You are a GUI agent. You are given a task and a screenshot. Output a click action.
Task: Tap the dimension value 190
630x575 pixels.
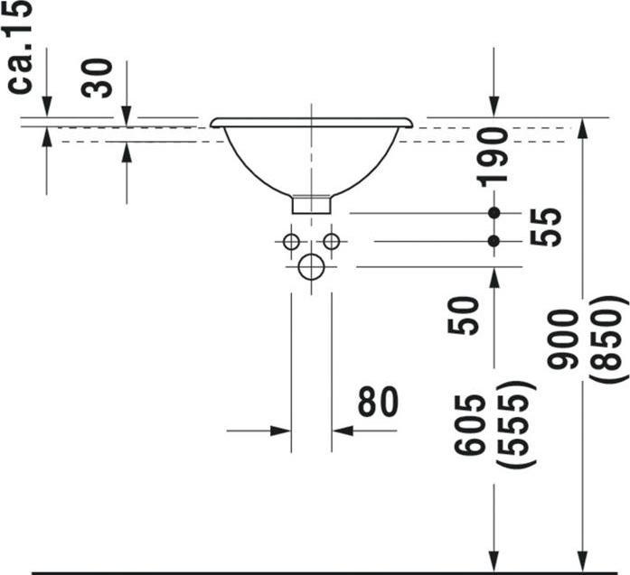point(494,156)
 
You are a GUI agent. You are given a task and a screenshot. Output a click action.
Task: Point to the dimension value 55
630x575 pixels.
point(546,227)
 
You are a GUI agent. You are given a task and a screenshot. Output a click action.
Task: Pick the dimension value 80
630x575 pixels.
point(377,403)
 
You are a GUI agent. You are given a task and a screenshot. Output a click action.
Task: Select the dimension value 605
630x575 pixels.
point(471,424)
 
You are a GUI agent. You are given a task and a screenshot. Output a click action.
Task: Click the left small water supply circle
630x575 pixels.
point(290,241)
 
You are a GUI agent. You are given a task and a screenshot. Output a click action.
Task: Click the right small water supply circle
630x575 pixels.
point(332,241)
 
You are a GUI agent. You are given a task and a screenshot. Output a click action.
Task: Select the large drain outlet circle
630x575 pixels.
point(311,266)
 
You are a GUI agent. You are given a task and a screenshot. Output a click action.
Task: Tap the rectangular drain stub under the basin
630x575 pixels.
point(311,204)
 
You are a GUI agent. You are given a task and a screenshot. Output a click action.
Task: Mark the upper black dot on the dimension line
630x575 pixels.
point(494,213)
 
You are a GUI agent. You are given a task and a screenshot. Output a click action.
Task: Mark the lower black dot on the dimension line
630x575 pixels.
point(494,241)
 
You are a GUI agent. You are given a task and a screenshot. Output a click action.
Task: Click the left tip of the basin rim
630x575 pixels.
point(213,122)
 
